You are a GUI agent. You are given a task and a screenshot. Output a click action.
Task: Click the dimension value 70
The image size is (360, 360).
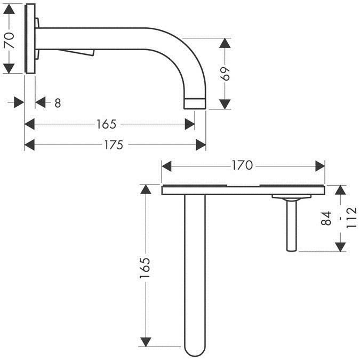click(9, 38)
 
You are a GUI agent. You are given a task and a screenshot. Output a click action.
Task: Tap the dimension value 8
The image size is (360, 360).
click(57, 103)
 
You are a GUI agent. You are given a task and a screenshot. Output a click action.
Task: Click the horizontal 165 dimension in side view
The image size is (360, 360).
click(106, 124)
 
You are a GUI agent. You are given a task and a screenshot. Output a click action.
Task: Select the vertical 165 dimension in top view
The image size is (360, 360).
click(145, 267)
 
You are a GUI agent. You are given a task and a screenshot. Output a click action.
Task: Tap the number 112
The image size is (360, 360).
click(350, 218)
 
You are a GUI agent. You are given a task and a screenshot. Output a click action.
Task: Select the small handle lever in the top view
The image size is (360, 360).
click(292, 224)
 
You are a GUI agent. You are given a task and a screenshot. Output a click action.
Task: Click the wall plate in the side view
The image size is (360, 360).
click(30, 38)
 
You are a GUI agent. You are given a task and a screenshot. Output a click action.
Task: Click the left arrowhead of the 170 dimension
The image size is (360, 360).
click(166, 166)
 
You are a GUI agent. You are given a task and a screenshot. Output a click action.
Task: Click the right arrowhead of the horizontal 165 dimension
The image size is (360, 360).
click(190, 124)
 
